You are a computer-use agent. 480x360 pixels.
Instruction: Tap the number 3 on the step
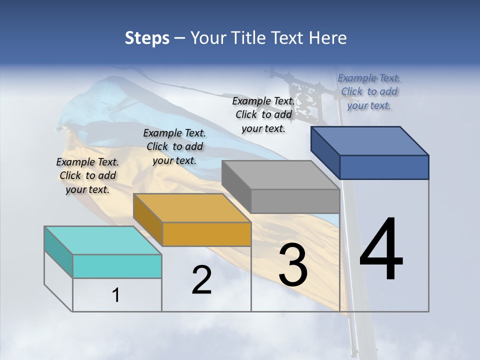click(x=293, y=265)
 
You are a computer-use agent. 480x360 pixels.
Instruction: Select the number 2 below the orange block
click(x=201, y=280)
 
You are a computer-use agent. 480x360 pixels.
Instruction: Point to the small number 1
click(x=116, y=295)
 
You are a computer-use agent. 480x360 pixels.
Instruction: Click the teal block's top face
click(x=102, y=240)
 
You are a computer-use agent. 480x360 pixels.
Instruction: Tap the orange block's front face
click(x=206, y=234)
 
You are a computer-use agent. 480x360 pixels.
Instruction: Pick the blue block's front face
click(x=384, y=167)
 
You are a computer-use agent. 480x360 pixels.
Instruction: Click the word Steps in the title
click(x=147, y=38)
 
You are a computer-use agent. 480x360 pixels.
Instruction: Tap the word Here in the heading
click(x=328, y=38)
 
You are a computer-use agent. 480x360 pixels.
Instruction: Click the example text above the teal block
click(x=87, y=175)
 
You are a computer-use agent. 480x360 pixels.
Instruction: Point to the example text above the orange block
click(x=174, y=146)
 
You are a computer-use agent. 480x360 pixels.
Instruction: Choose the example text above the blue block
click(x=369, y=91)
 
